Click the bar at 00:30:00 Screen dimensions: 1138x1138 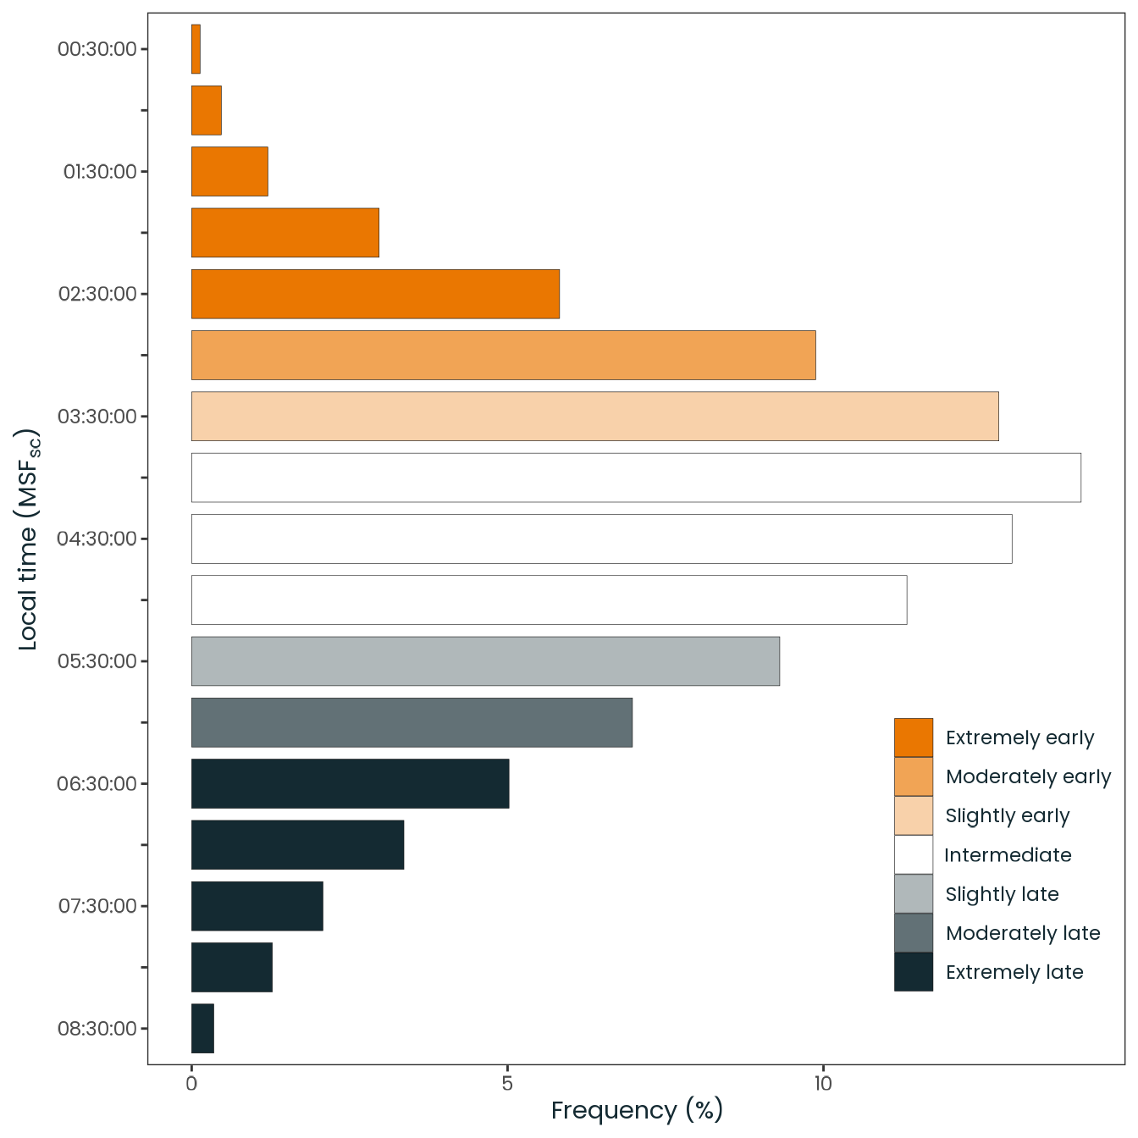pyautogui.click(x=196, y=49)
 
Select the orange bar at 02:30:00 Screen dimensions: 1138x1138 pyautogui.click(x=375, y=294)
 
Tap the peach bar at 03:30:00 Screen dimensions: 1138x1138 pyautogui.click(x=594, y=416)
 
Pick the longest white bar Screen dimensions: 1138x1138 pyautogui.click(x=636, y=478)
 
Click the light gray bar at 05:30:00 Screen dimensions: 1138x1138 pyautogui.click(x=485, y=661)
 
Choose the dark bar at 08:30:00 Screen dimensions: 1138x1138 pyautogui.click(x=202, y=1028)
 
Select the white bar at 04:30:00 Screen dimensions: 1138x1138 pyautogui.click(x=601, y=539)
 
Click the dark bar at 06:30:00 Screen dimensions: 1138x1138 pyautogui.click(x=350, y=783)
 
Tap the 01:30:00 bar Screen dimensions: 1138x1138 pyautogui.click(x=229, y=172)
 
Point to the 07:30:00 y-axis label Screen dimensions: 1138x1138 pyautogui.click(x=97, y=906)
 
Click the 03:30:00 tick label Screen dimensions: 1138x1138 pyautogui.click(x=97, y=417)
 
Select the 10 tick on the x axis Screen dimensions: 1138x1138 pyautogui.click(x=823, y=1083)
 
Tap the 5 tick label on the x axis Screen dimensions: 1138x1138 pyautogui.click(x=507, y=1083)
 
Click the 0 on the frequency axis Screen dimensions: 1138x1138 pyautogui.click(x=192, y=1083)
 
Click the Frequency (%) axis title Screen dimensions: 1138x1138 pyautogui.click(x=637, y=1110)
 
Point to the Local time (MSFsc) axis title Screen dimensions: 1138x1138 pyautogui.click(x=28, y=539)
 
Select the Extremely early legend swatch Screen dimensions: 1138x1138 pyautogui.click(x=914, y=737)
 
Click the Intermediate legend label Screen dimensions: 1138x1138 pyautogui.click(x=1008, y=855)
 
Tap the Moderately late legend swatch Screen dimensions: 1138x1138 pyautogui.click(x=914, y=933)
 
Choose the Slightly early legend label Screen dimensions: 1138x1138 pyautogui.click(x=1008, y=816)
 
